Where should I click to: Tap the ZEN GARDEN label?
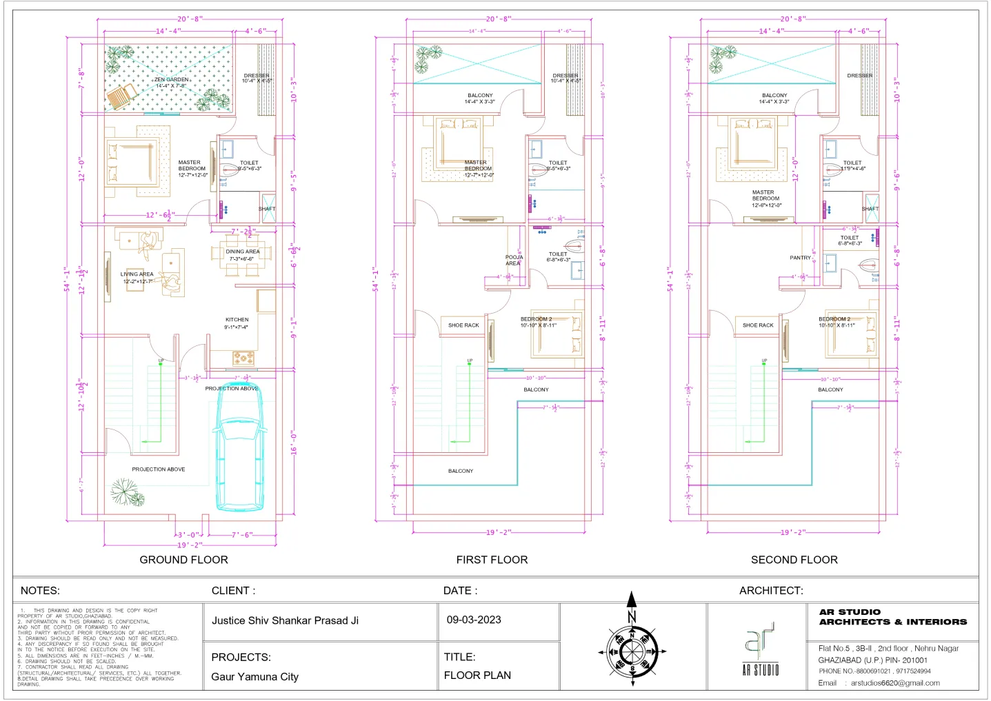click(x=171, y=80)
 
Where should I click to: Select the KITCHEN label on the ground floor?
click(x=237, y=320)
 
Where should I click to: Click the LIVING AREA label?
click(x=137, y=274)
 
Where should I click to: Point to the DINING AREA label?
click(x=243, y=252)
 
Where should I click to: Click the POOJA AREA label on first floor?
click(x=514, y=260)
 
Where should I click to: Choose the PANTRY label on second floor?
click(x=800, y=258)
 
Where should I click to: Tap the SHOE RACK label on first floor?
click(x=463, y=325)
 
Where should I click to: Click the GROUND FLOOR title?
click(x=183, y=560)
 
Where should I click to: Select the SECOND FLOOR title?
click(x=794, y=560)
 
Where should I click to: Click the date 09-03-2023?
click(x=474, y=620)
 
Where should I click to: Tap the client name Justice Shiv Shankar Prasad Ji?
click(x=285, y=620)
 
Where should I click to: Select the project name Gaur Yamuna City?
click(x=254, y=676)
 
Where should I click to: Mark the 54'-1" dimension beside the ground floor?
click(x=67, y=278)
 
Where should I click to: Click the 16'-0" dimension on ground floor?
click(x=294, y=443)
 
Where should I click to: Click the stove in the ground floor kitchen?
click(x=243, y=358)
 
